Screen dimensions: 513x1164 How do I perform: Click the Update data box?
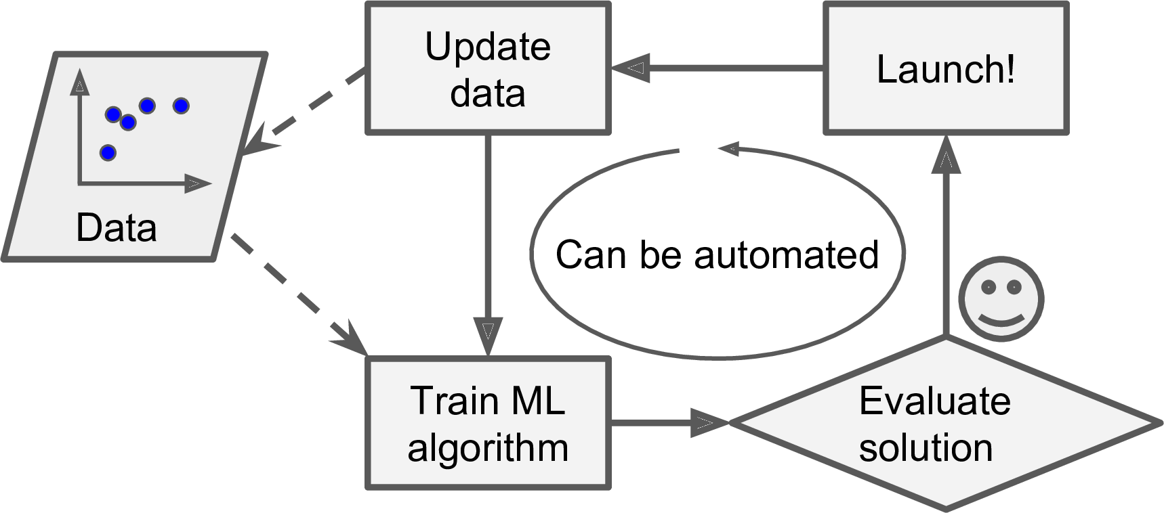point(488,68)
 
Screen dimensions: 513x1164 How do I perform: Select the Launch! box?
point(946,68)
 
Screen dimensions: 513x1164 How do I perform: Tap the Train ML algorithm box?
point(488,423)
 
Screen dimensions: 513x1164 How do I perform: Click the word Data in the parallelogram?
point(117,228)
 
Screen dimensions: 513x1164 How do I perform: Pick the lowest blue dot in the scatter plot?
point(108,152)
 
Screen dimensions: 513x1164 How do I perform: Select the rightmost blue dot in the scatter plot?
point(181,106)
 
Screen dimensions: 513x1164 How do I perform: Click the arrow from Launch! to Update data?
point(718,68)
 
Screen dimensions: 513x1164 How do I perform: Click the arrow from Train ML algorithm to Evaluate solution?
point(667,423)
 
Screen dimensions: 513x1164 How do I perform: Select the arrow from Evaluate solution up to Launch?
point(946,237)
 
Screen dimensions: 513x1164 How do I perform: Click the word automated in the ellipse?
point(786,255)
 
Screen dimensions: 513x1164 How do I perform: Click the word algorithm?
point(488,448)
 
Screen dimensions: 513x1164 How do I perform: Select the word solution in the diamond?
point(926,448)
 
